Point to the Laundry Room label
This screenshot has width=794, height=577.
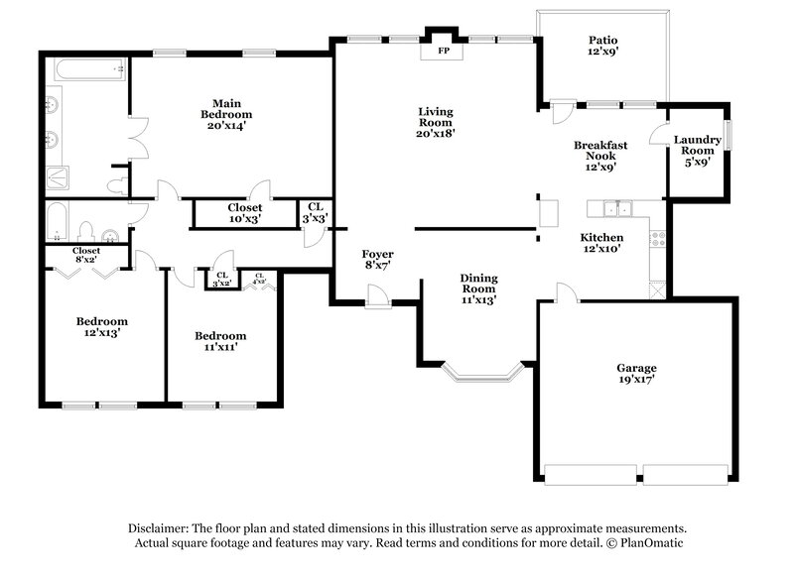(x=697, y=150)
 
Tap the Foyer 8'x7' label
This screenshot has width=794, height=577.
(x=377, y=260)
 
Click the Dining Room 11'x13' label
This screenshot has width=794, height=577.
(x=477, y=288)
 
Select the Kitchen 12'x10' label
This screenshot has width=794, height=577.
(x=601, y=244)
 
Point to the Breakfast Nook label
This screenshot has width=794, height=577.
(x=600, y=156)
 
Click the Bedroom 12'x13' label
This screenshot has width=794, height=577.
(x=102, y=327)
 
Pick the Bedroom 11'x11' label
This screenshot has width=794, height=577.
(x=219, y=341)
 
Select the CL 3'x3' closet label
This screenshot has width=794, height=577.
(x=315, y=212)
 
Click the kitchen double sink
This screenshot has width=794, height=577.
(x=615, y=208)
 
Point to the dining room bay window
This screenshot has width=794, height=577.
(x=481, y=374)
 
